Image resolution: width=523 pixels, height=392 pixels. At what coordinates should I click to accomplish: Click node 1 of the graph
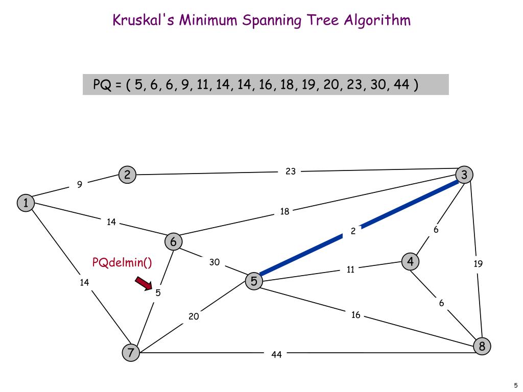tap(25, 203)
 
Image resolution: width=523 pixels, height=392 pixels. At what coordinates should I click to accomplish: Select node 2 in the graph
tap(127, 175)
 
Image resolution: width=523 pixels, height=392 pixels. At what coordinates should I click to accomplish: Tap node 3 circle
tap(464, 175)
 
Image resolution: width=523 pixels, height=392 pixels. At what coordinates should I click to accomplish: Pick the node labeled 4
tap(410, 262)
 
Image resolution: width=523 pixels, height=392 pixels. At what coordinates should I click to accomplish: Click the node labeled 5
tap(254, 281)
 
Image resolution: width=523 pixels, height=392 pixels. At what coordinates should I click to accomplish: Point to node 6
tap(174, 241)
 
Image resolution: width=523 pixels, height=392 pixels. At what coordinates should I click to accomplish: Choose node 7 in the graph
tap(131, 352)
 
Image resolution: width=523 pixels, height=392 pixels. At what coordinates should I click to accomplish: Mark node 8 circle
tap(482, 347)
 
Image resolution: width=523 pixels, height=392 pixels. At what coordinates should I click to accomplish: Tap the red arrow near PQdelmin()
tap(144, 283)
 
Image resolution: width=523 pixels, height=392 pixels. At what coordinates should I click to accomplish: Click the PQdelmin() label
tap(122, 262)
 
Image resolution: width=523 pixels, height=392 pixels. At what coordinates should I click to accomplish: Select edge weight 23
tap(291, 171)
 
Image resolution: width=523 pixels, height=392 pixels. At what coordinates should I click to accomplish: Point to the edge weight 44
tap(276, 354)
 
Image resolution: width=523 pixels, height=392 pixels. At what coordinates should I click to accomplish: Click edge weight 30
tap(215, 262)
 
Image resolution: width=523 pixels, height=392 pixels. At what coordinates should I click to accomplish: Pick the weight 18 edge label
tap(284, 211)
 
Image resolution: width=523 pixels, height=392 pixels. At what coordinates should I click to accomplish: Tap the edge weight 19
tap(478, 264)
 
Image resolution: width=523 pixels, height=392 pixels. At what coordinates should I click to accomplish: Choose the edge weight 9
tap(80, 185)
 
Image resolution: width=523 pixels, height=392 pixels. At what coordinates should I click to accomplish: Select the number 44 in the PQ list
tap(401, 84)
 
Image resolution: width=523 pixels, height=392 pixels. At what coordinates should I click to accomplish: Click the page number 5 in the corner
tap(516, 385)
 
